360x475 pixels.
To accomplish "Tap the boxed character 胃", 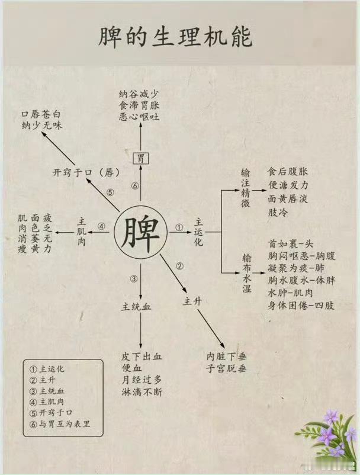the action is [x=140, y=158].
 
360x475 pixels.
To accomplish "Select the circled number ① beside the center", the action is [x=179, y=226].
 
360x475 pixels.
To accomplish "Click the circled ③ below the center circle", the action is [x=134, y=279].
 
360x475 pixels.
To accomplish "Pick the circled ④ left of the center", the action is [x=101, y=226].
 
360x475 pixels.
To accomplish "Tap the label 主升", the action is [x=193, y=301].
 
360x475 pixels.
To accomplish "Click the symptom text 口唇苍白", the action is [x=41, y=114].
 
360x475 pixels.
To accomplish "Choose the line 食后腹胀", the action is [x=288, y=172].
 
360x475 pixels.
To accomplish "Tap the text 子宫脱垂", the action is [x=226, y=369].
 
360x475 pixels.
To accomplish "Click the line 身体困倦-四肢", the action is [x=301, y=306].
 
